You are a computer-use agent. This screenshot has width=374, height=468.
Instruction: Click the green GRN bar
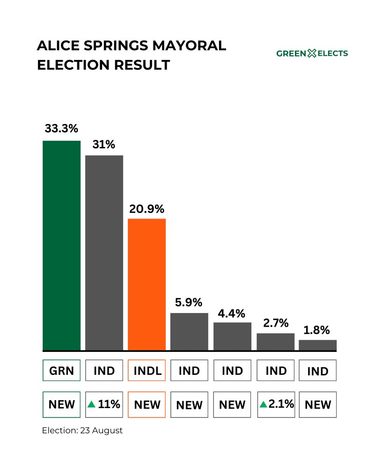tap(61, 245)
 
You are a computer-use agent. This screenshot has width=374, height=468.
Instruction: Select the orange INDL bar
tap(147, 284)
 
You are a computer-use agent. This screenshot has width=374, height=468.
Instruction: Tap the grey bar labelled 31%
tap(104, 253)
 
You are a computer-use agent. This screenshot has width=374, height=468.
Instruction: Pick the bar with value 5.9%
tap(189, 331)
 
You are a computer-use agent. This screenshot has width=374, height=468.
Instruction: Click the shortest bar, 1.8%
tap(318, 345)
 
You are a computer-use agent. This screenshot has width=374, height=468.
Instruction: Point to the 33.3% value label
tap(61, 128)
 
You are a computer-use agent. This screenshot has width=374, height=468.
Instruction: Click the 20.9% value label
tap(147, 208)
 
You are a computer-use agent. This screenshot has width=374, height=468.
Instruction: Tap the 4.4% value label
tap(232, 313)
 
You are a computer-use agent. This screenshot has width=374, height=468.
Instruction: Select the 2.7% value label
tap(275, 323)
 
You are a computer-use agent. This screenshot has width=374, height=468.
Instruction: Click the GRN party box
tap(61, 371)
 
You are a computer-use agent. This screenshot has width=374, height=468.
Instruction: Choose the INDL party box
tap(147, 371)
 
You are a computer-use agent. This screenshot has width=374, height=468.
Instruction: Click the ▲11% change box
tap(104, 404)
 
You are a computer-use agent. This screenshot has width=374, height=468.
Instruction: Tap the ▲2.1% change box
tap(276, 404)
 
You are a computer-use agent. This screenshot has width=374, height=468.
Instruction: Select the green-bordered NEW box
tap(61, 404)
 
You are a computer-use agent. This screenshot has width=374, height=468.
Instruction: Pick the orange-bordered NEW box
tap(147, 404)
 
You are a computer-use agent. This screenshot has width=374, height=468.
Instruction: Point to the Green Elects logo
tap(312, 53)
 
